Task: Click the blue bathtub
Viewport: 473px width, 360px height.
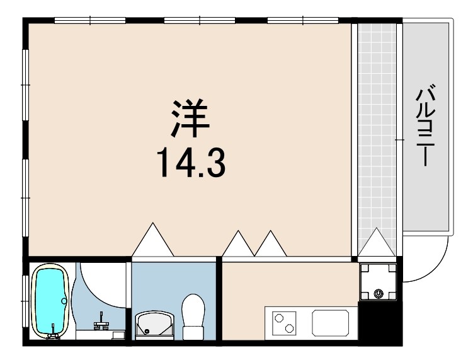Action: pos(50,301)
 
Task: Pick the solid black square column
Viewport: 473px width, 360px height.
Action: pos(380,322)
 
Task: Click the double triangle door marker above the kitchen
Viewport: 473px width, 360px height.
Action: pos(254,243)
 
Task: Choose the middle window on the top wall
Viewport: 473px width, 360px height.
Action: pos(200,21)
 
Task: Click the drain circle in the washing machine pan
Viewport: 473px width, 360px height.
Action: pos(379,293)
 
